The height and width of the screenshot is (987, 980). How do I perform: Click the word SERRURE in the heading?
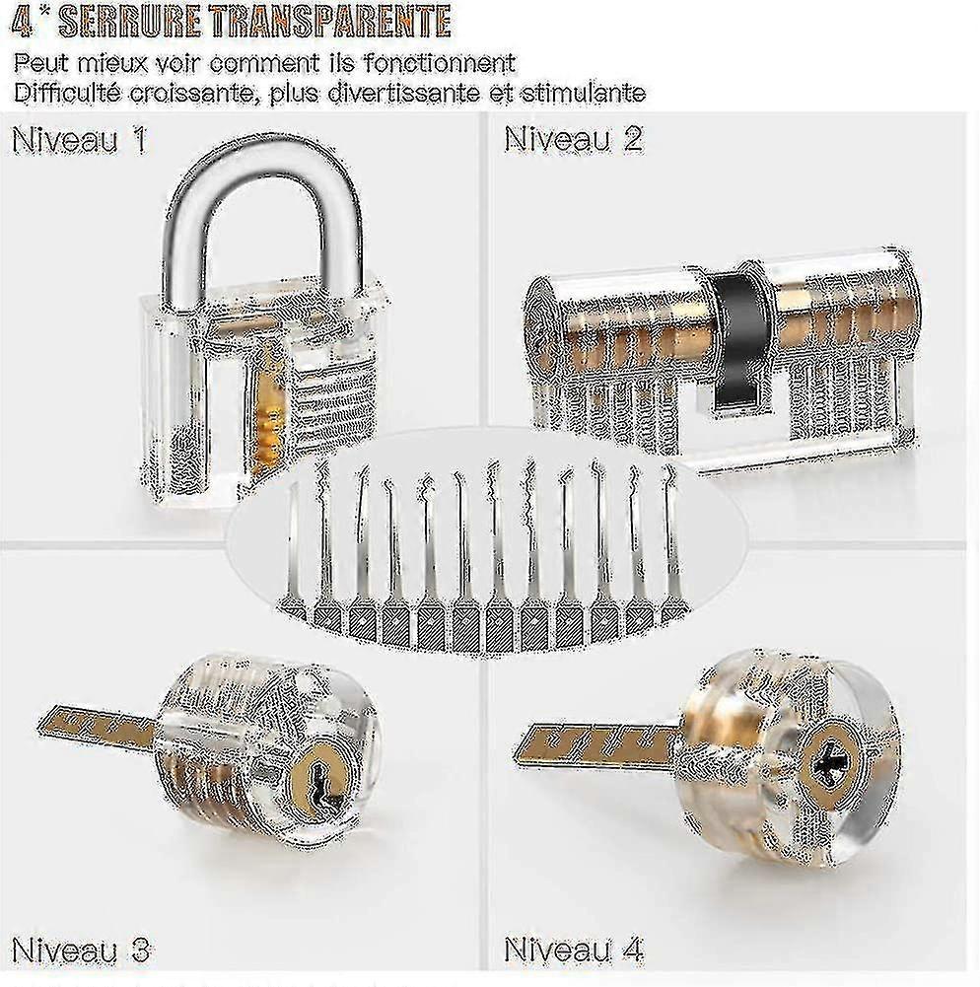[x=131, y=22]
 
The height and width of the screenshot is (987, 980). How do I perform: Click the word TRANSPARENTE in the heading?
[x=331, y=22]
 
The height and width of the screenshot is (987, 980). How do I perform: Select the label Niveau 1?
[x=80, y=139]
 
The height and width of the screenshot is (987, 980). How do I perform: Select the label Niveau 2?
[x=574, y=138]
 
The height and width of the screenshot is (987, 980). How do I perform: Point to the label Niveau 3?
[x=81, y=949]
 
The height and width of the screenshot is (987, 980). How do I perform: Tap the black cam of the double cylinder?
[x=737, y=339]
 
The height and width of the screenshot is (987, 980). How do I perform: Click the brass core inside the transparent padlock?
[x=271, y=410]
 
